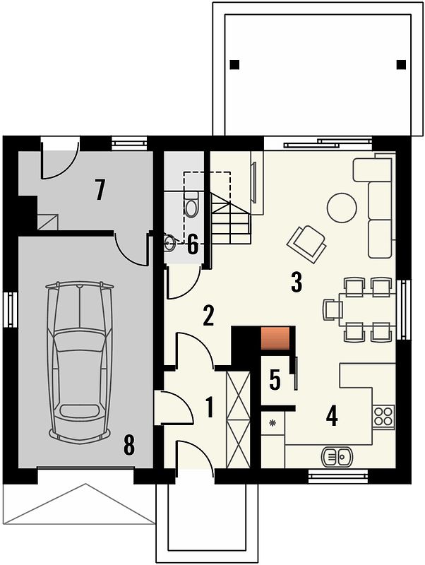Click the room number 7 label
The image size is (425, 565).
100,190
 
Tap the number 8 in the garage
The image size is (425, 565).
128,445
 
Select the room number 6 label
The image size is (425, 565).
193,245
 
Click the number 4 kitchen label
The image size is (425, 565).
332,417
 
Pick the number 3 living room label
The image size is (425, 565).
296,282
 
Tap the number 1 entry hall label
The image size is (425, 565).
208,408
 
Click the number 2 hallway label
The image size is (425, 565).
208,316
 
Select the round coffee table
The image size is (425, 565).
342,208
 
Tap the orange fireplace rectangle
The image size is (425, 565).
275,338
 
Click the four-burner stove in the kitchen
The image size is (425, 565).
383,416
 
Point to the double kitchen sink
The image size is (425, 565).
336,456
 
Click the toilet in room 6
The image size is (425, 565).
191,204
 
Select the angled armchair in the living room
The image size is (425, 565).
307,244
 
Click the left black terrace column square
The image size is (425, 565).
234,64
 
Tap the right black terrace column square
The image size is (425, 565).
401,64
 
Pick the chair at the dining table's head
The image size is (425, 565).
333,309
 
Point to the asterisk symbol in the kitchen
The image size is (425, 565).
273,422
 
